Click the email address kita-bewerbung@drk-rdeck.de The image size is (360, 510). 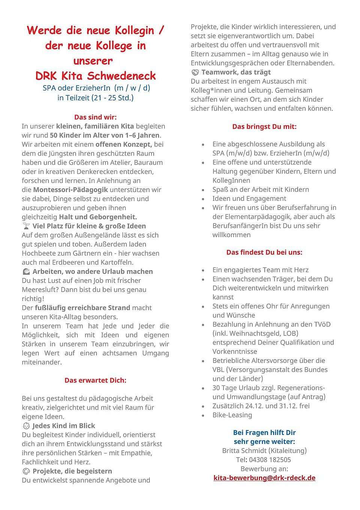coord(264,478)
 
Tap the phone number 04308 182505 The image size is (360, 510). coord(270,460)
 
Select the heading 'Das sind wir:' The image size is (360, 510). coord(95,117)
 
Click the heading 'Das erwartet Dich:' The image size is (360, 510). coord(95,380)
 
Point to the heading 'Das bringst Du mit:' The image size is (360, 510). coord(264,126)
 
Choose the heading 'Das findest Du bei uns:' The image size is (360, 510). coord(264,252)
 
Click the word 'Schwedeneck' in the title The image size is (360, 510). coord(121,76)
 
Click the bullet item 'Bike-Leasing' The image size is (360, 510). coord(232,415)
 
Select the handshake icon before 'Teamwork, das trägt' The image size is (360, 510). coord(195,72)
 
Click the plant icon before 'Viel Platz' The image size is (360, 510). coord(26,226)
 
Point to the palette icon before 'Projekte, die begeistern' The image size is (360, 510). coord(26,471)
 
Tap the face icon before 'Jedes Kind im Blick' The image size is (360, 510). coord(26,426)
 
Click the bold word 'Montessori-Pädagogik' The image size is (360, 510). coord(70,190)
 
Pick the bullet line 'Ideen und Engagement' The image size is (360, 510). coord(249,199)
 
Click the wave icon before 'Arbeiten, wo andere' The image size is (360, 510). coord(26,271)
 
